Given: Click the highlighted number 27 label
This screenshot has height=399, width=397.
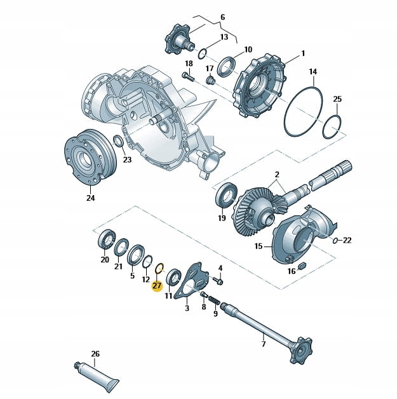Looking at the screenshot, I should point(157,286).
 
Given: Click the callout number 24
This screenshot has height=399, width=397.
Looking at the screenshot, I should point(90,198).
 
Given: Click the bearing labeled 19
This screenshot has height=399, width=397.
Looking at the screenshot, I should point(226,194).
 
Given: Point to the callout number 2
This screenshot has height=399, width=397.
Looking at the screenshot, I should point(277,174).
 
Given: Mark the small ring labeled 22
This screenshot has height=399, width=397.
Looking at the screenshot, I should point(335,240).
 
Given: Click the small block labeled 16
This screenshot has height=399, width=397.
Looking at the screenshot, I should point(301,263).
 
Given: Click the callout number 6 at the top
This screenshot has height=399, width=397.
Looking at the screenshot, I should point(222,17).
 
